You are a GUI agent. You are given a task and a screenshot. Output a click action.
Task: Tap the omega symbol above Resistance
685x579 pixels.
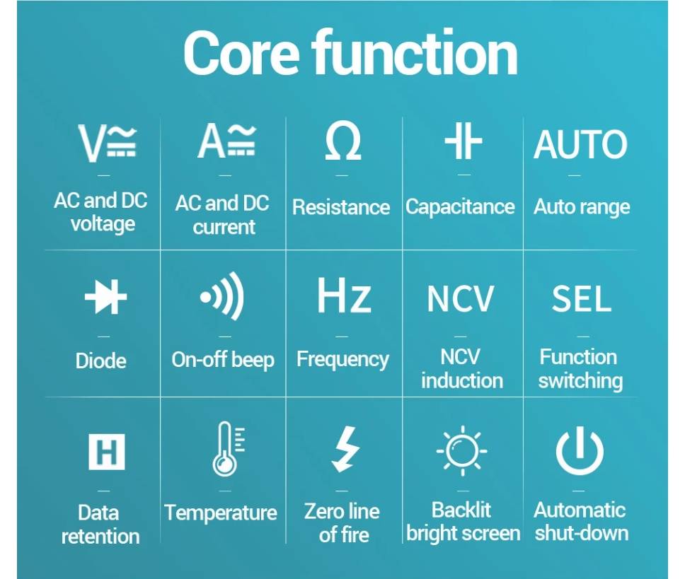click(x=343, y=141)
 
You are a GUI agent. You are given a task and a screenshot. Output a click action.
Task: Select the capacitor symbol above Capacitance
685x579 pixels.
click(x=463, y=141)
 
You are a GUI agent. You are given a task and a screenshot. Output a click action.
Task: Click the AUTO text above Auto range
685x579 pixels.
click(x=580, y=144)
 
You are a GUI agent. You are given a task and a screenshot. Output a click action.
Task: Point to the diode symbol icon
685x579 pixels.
click(x=105, y=297)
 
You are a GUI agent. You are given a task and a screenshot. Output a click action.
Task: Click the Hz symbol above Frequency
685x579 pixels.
click(x=344, y=296)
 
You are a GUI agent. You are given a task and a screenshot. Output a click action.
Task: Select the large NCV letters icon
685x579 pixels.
click(x=461, y=299)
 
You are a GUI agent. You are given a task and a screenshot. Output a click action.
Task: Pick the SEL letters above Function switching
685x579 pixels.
click(x=581, y=299)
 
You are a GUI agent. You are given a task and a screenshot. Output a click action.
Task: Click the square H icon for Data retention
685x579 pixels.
click(x=107, y=452)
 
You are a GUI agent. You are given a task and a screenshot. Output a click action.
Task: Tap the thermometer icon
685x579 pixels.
click(x=228, y=448)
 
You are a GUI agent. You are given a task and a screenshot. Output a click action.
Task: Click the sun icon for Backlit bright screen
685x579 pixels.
click(x=462, y=451)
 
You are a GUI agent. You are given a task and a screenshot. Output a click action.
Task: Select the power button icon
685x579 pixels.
click(x=580, y=451)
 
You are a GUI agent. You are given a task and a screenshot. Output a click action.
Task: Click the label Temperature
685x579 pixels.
click(x=221, y=513)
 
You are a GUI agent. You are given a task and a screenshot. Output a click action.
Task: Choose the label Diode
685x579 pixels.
click(x=101, y=361)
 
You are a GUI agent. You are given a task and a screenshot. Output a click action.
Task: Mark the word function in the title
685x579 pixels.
click(x=415, y=53)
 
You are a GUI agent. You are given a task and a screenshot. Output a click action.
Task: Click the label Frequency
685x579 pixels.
click(x=343, y=361)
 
